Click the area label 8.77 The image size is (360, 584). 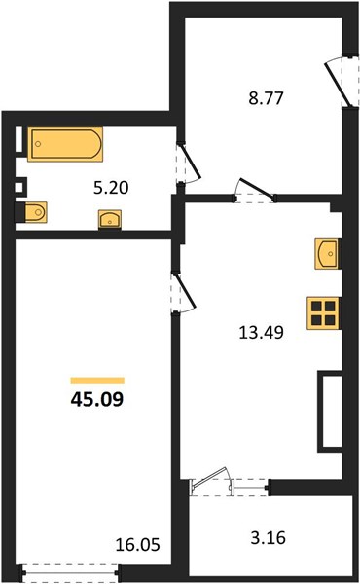pos(267,98)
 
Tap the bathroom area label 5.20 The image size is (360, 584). pos(111,188)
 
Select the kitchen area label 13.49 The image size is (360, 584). pos(261,332)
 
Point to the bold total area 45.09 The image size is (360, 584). pos(96,400)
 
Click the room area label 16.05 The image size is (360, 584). pos(138,545)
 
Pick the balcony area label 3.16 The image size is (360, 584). pos(268,538)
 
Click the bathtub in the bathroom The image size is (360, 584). pos(65,144)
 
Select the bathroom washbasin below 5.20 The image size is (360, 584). pos(110,219)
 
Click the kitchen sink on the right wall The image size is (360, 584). pos(327,254)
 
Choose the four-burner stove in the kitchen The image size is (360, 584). pos(323,313)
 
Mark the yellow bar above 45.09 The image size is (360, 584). pos(97,381)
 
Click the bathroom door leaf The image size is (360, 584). pos(191,161)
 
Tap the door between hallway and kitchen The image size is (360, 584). pos(258,188)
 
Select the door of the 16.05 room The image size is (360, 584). pos(184,292)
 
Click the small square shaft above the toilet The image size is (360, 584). pos(20,186)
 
